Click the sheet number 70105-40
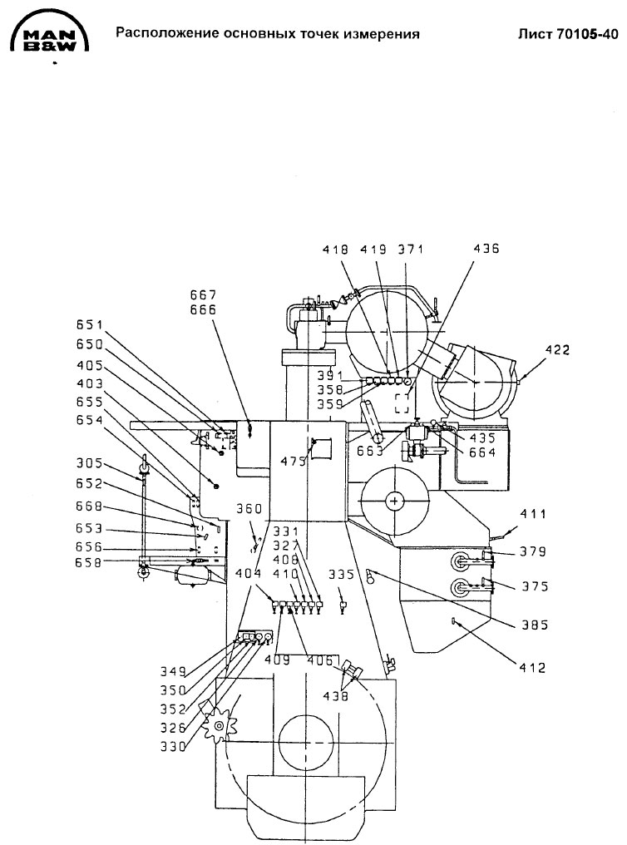[586, 34]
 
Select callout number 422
[557, 350]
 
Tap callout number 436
[486, 249]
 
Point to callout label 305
[89, 463]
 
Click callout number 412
[532, 668]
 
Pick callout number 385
[535, 625]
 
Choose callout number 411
[533, 514]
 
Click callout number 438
[336, 696]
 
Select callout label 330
[173, 747]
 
